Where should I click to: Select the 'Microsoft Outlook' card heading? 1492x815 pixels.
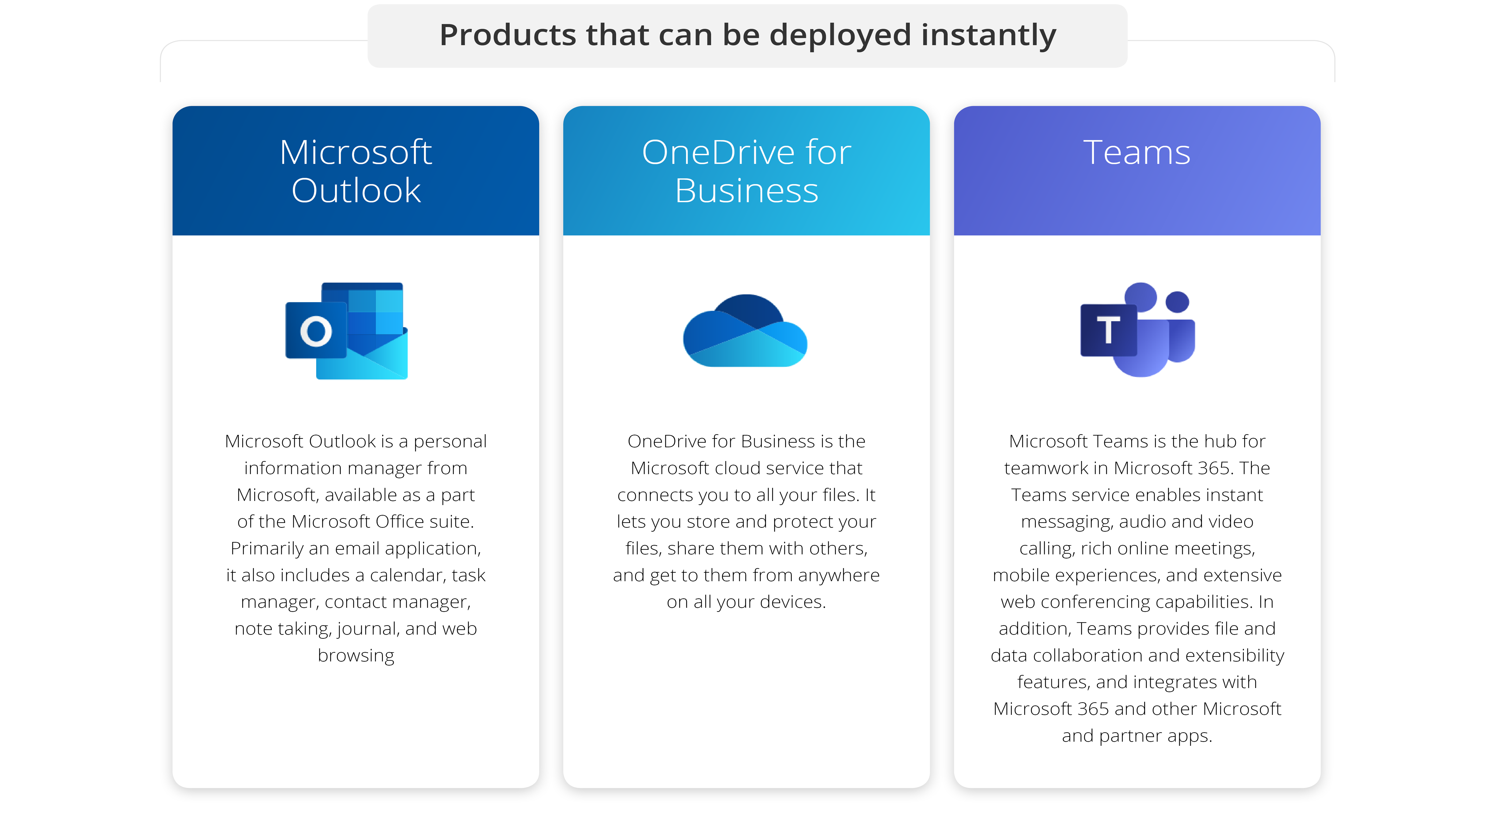[x=356, y=171]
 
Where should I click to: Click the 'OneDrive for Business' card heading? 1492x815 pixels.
[x=747, y=171]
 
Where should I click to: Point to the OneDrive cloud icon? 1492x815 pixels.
[x=745, y=331]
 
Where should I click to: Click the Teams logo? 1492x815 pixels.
[x=1138, y=329]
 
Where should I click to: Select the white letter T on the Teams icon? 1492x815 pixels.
[x=1108, y=330]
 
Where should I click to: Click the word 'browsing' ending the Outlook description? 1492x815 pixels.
[x=356, y=655]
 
